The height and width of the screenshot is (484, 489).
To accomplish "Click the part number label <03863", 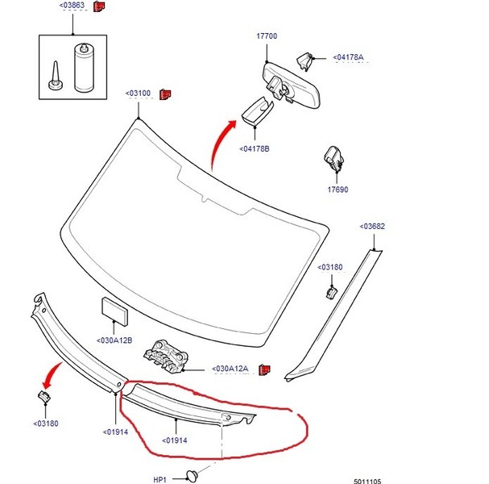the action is pos(72,6).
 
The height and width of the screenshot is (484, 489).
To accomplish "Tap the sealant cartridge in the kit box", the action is pos(84,68).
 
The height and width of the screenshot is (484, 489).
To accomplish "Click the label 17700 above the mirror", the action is pos(267,36).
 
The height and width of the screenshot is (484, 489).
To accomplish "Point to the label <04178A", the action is pos(348,57).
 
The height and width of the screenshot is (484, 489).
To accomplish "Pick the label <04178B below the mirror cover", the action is pos(255,149).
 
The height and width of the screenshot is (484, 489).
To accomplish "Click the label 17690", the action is pos(338,190).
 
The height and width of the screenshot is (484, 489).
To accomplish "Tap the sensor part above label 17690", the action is pos(334,158).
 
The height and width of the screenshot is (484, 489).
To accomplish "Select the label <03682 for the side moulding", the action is pos(372,227).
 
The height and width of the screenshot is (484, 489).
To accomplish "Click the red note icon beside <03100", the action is pos(165,94).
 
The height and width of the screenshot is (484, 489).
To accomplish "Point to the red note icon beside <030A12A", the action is pos(264,369).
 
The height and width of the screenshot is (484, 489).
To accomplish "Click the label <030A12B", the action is pos(114,340).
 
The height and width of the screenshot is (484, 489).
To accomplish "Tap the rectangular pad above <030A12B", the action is pos(114,311).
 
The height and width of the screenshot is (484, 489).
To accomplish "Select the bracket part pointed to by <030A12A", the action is pos(166,357).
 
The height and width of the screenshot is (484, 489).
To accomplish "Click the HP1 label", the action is pos(160,479).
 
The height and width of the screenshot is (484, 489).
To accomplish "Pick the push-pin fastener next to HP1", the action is pos(192,476).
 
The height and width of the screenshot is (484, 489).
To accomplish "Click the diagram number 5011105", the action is pos(367,482).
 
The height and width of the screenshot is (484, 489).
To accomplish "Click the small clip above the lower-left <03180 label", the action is pos(44,397).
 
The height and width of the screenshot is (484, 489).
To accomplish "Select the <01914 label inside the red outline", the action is pos(175,440).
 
